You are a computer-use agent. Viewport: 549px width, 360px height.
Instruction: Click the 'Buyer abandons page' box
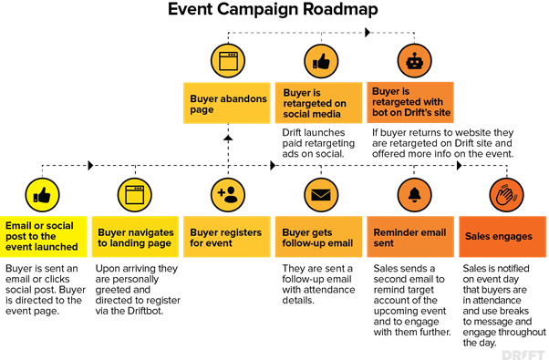point(227,103)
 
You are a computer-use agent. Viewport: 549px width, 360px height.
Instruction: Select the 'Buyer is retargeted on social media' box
point(319,103)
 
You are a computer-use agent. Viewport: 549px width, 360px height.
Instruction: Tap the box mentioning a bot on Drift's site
point(410,103)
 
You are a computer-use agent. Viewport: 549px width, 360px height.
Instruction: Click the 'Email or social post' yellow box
point(43,237)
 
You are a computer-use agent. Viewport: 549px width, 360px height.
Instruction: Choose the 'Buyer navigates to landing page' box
point(135,237)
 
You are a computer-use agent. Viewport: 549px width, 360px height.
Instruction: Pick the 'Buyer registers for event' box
point(227,237)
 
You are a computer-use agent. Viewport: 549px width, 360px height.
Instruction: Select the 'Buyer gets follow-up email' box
point(319,237)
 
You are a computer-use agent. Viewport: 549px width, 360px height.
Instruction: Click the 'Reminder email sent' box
point(410,237)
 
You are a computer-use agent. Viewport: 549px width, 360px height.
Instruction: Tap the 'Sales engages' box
point(502,237)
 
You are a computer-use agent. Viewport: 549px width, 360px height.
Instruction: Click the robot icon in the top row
point(415,61)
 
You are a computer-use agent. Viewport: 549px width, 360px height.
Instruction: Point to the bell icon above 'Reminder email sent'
point(415,195)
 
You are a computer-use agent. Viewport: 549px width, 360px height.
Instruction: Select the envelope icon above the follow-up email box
point(321,195)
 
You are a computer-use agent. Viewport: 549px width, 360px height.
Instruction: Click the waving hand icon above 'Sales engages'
point(506,195)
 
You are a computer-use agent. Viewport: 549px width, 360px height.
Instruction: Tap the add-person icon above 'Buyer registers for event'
point(228,195)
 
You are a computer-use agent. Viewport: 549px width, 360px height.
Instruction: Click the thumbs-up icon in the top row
point(321,61)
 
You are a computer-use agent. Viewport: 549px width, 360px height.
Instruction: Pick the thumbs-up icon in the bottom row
point(42,195)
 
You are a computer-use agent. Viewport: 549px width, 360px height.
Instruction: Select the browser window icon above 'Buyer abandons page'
point(228,61)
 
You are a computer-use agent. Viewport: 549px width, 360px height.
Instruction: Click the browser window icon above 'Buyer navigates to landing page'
point(135,195)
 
